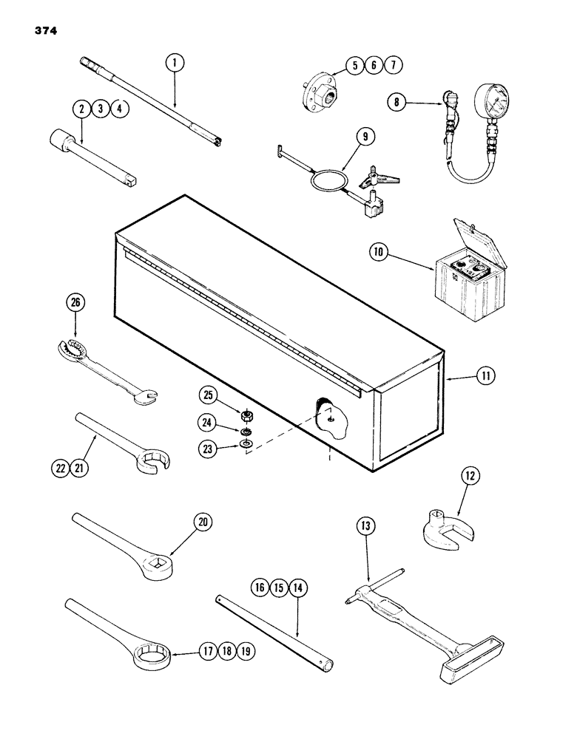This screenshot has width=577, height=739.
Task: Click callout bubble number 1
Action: coord(175,64)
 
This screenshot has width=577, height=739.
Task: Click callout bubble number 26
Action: coord(78,302)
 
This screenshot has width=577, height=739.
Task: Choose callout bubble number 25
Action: coord(209,397)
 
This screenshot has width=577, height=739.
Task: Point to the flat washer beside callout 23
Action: coord(245,445)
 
